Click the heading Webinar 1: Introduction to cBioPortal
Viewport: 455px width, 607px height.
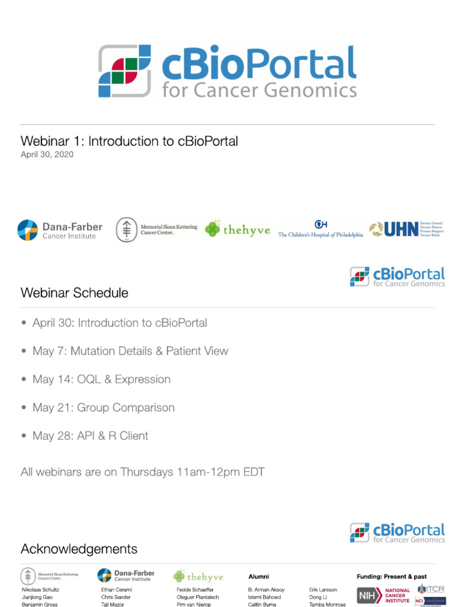point(129,141)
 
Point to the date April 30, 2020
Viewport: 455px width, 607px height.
point(47,155)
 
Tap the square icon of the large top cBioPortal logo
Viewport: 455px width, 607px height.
point(124,71)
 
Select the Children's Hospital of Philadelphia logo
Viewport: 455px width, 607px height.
point(321,229)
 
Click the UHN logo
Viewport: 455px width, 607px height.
point(406,229)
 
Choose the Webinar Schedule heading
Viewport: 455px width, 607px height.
point(74,293)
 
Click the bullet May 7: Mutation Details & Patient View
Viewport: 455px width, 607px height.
point(130,351)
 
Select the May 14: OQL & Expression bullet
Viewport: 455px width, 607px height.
point(101,379)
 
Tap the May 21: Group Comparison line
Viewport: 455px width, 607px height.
point(104,408)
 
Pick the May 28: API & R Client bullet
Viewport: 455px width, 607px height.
point(90,436)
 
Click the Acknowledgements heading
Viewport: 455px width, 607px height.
point(79,549)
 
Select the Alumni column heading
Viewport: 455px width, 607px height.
point(258,576)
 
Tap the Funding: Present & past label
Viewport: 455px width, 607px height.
point(391,576)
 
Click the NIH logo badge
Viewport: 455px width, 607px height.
point(369,596)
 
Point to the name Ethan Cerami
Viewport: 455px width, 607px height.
point(117,590)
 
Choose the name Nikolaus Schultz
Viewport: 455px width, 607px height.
point(40,590)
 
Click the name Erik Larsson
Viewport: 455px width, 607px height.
point(323,590)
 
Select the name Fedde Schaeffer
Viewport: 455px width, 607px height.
point(195,590)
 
